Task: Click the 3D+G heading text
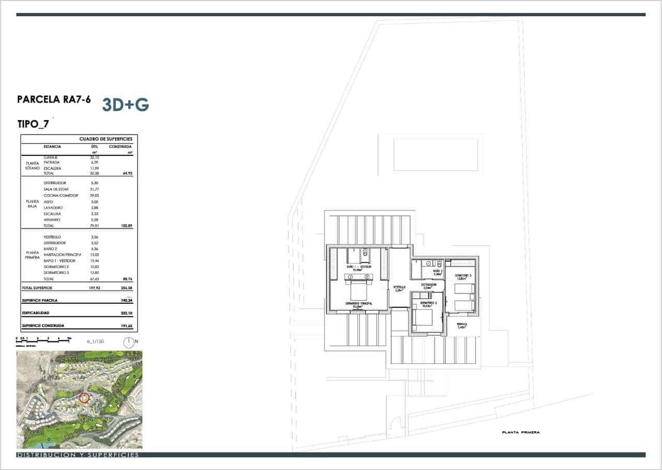[126, 105]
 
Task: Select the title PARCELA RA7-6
[54, 99]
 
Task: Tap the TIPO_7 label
[33, 124]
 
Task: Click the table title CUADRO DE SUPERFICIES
[106, 139]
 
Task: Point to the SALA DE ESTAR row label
[56, 189]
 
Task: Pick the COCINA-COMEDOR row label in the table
[61, 196]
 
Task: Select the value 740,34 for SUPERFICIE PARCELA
[126, 300]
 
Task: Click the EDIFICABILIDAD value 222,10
[126, 313]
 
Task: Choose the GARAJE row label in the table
[50, 157]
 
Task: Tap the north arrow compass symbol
[128, 342]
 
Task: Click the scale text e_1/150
[96, 342]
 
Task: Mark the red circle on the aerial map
[84, 398]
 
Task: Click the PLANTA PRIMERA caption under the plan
[520, 432]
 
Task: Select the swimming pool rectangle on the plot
[435, 154]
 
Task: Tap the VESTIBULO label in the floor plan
[399, 287]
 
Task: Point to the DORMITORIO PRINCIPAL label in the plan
[359, 304]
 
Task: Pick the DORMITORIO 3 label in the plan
[463, 275]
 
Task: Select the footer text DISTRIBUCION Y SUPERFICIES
[78, 455]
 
